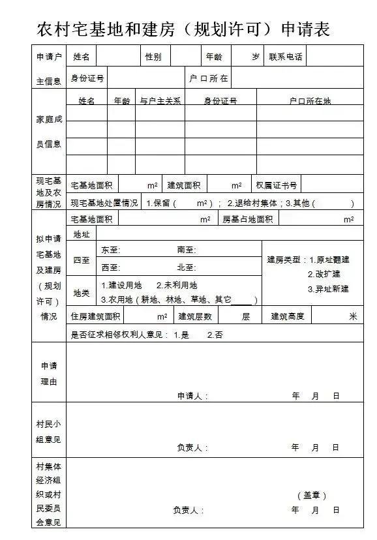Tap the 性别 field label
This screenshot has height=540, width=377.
coord(153,57)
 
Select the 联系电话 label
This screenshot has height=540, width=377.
coord(286,57)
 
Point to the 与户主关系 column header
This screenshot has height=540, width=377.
coord(160,101)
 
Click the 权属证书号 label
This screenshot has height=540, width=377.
coord(277,186)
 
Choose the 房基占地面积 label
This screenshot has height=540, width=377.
coord(247,219)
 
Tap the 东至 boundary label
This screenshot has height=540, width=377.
coord(111,250)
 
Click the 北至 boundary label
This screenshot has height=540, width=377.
coord(186,267)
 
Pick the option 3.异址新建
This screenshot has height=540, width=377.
coord(328,289)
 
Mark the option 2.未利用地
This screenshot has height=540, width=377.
coord(177,286)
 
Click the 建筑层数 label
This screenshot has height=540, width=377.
coord(195,316)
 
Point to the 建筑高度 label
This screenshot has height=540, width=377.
coord(288,316)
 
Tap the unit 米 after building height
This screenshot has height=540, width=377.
coord(353,316)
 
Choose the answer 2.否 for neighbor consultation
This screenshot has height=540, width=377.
coord(215,335)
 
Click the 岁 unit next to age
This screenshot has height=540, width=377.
coord(256,57)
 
